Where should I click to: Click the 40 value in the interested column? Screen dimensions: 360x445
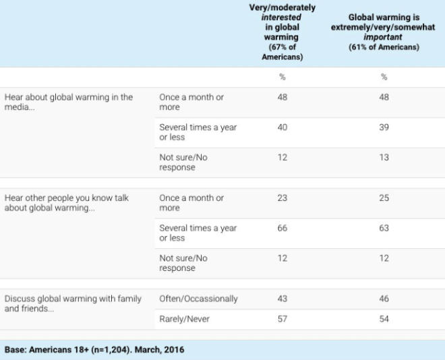282,127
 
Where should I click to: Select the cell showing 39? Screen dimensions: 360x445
384,127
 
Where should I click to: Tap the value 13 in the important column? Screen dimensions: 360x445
384,157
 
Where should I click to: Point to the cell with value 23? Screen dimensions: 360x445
282,198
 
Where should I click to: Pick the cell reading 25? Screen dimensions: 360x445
384,198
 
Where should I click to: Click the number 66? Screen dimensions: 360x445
282,228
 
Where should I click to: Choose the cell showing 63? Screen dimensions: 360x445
384,228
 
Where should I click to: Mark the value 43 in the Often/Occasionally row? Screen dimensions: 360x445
282,299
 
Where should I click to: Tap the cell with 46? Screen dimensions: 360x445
384,299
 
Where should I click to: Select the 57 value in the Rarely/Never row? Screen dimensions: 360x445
282,319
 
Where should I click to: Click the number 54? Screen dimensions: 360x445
384,319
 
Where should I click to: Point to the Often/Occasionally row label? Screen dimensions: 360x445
199,299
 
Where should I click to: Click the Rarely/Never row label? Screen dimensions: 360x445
183,319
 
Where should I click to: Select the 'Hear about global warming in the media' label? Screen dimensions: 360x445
69,102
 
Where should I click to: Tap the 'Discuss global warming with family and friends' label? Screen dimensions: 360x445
73,303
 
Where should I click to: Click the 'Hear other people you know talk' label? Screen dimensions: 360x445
67,203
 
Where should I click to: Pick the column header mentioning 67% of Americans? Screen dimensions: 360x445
282,32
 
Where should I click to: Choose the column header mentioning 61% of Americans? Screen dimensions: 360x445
384,32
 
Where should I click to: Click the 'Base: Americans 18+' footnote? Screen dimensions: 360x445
94,350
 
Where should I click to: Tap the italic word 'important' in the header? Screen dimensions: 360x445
384,38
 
